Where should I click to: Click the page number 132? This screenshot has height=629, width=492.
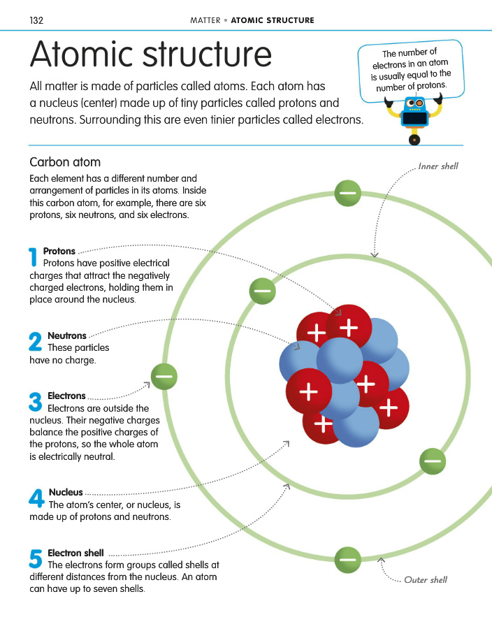37,20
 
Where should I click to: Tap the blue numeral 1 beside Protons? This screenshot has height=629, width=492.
33,257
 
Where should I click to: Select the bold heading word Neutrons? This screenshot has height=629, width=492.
67,336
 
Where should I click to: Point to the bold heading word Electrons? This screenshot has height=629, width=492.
66,396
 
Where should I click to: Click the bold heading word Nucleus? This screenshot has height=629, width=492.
66,493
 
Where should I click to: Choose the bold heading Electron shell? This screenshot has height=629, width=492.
75,554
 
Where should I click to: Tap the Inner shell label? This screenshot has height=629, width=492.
438,167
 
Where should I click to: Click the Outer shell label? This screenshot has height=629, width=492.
426,580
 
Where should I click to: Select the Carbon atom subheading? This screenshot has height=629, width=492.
65,163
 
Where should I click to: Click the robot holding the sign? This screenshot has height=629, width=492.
414,117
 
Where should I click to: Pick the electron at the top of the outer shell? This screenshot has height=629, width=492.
347,193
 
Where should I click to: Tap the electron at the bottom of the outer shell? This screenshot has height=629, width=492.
347,560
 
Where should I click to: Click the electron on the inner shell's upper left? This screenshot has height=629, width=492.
263,290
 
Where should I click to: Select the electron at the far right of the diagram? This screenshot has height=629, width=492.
433,461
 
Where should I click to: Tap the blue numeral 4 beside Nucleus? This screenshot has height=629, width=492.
36,498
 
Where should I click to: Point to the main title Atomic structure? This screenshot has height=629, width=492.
151,55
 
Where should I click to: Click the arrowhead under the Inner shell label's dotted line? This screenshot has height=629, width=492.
375,255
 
